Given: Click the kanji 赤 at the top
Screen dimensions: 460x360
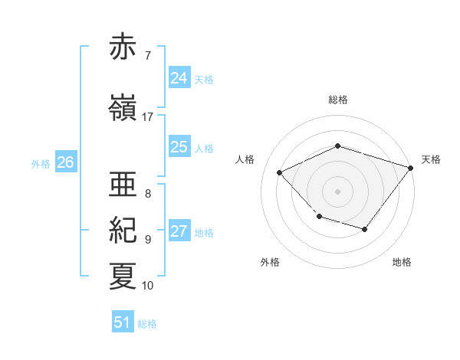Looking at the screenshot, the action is click(x=123, y=46).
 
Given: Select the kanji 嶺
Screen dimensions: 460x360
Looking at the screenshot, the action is click(x=123, y=107).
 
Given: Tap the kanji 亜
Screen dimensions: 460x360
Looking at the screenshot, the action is click(x=123, y=184).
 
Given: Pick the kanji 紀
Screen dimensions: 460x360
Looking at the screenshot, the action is click(x=123, y=230).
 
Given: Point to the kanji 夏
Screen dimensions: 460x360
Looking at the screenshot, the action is click(x=123, y=277).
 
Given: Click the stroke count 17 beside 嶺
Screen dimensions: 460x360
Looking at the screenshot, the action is click(x=147, y=117).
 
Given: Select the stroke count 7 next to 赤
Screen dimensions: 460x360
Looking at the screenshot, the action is click(x=148, y=56).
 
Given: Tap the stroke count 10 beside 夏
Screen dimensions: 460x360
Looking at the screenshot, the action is click(x=147, y=286).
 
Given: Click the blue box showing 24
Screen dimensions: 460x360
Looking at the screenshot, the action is click(x=179, y=77).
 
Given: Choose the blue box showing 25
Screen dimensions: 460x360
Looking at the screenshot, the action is click(x=179, y=146).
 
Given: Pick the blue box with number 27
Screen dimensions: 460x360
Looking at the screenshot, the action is click(x=179, y=230).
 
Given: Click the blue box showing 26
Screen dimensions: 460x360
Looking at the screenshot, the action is click(x=66, y=162).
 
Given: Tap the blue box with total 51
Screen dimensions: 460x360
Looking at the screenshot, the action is click(x=123, y=321).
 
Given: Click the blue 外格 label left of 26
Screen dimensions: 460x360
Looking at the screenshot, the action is click(x=41, y=164).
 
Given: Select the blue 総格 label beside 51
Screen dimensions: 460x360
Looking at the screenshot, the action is click(x=147, y=324).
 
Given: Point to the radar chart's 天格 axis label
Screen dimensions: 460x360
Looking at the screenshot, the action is click(x=431, y=159).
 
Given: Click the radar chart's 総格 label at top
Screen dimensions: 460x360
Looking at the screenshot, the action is click(x=338, y=100).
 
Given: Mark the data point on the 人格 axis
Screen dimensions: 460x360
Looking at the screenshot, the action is click(x=279, y=172).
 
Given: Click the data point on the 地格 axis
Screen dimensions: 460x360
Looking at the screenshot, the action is click(x=365, y=229).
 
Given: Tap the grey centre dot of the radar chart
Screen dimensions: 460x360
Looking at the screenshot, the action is click(x=337, y=191).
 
